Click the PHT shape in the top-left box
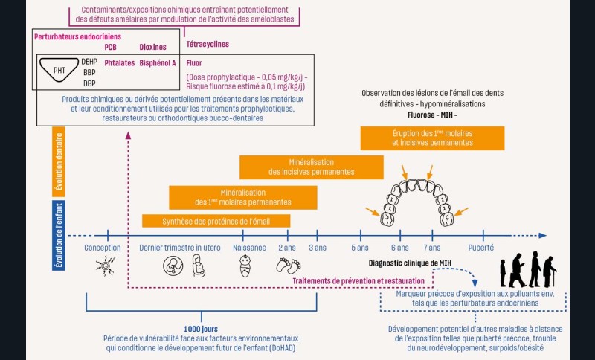[x=57, y=71]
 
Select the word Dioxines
[x=153, y=47]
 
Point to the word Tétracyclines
[x=208, y=45]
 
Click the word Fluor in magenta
[x=194, y=63]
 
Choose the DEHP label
[x=89, y=61]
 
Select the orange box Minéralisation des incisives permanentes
[x=311, y=167]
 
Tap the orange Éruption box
[x=431, y=138]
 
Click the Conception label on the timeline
[x=103, y=248]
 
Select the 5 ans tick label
[x=359, y=248]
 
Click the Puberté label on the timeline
[x=480, y=248]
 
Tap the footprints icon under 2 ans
[x=287, y=266]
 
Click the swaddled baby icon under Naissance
[x=244, y=266]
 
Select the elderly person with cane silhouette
[x=548, y=271]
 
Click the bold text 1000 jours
[x=201, y=328]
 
